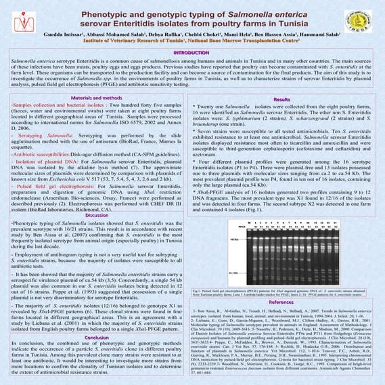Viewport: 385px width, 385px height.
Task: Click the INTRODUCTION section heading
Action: [191, 52]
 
